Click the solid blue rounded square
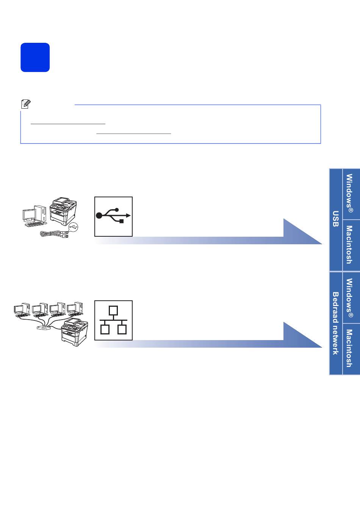coord(35,57)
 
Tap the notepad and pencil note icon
coord(26,104)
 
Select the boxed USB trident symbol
coord(113,217)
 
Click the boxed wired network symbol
coord(113,320)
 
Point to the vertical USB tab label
coord(336,219)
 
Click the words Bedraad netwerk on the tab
coord(336,323)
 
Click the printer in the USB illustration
coord(63,211)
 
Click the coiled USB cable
coord(54,234)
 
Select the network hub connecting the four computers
coord(44,328)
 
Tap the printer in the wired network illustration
coord(75,332)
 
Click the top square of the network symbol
coord(113,311)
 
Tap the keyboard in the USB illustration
coord(34,225)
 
